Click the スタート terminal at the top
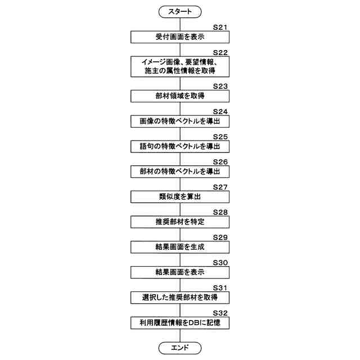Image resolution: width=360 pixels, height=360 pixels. tap(180, 10)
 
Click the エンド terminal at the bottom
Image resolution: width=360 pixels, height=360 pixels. tap(180, 348)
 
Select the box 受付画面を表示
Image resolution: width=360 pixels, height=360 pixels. tap(180, 37)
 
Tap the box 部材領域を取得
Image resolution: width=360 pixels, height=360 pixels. tap(180, 96)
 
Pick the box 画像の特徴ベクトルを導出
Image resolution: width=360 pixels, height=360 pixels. tap(180, 121)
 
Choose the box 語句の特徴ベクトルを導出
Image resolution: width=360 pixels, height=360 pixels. tap(180, 146)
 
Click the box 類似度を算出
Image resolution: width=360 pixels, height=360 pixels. tap(180, 197)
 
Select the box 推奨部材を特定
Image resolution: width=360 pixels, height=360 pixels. tap(180, 222)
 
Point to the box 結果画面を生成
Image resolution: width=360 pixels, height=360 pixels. tap(180, 247)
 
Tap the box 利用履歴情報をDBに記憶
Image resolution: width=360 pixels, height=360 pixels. tap(180, 323)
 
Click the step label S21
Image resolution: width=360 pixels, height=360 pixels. tap(220, 27)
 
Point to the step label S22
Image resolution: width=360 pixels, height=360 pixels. tap(220, 52)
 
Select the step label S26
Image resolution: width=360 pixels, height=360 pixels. tap(220, 161)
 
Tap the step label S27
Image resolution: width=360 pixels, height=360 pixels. tap(220, 187)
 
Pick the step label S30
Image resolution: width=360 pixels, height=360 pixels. tap(220, 262)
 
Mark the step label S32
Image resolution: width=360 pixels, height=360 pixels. tap(220, 313)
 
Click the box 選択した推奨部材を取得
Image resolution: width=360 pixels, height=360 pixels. tap(180, 297)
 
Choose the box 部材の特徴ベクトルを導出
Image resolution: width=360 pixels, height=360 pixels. tap(180, 172)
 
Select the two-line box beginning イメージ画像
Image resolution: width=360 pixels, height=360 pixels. tap(180, 66)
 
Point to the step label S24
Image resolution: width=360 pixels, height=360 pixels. tap(220, 111)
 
